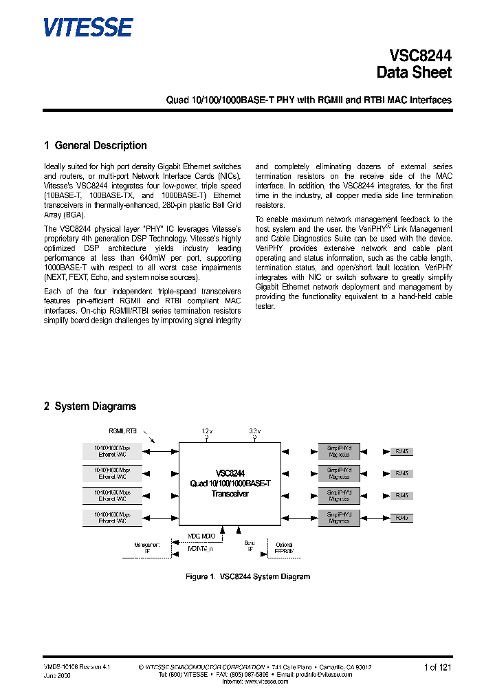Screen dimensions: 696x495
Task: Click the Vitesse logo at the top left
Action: [x=87, y=27]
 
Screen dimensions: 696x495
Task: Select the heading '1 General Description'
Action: [x=95, y=146]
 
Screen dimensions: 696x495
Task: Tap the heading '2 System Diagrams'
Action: [x=90, y=406]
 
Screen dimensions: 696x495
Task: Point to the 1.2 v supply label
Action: [x=206, y=431]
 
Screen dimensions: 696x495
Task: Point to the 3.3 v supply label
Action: [x=254, y=431]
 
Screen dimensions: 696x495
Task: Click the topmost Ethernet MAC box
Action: [x=111, y=451]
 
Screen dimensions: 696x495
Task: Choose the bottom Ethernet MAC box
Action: [x=111, y=518]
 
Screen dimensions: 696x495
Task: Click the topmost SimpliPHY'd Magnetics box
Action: [x=338, y=451]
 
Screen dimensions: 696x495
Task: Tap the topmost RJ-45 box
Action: [x=401, y=451]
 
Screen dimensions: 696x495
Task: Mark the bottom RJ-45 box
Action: [x=401, y=517]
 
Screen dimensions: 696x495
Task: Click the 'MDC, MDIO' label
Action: [x=201, y=536]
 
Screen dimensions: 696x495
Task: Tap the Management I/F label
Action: [x=146, y=547]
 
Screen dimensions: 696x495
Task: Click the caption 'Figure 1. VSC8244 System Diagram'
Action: [x=247, y=576]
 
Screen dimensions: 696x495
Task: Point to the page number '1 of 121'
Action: [x=437, y=667]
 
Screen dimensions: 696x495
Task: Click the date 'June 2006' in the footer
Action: [x=57, y=675]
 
